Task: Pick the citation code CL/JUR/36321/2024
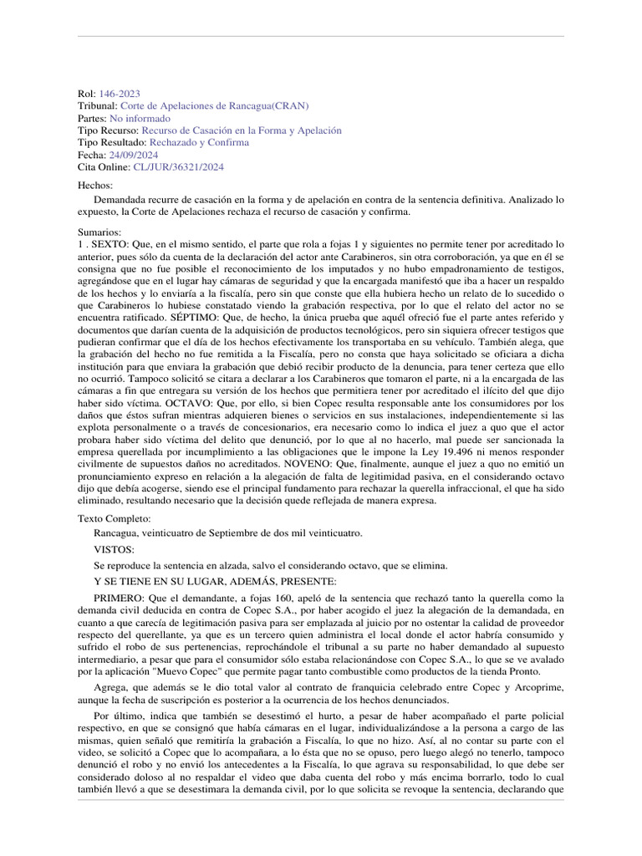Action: pos(178,166)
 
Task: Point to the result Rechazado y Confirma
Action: pos(196,142)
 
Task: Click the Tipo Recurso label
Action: pos(108,130)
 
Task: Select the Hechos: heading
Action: pos(94,185)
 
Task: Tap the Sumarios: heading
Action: pos(99,232)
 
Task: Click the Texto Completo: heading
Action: pos(115,519)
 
